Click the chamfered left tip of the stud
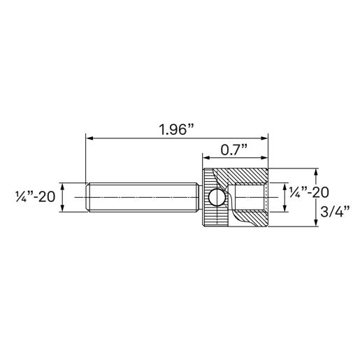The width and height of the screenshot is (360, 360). pyautogui.click(x=87, y=198)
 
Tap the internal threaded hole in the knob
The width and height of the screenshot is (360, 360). pyautogui.click(x=250, y=198)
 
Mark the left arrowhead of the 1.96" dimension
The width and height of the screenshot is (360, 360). pyautogui.click(x=88, y=138)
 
